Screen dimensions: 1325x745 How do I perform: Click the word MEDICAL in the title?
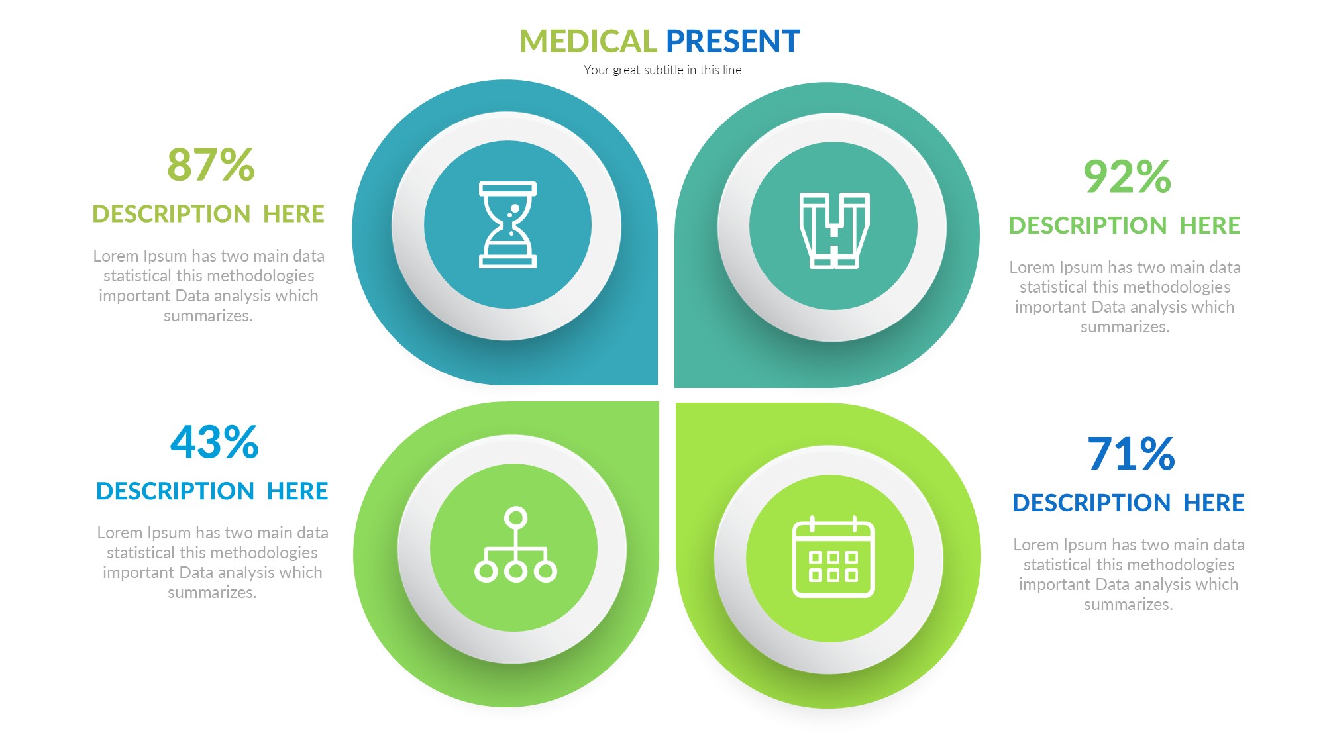click(588, 41)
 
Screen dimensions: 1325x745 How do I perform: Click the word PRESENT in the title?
click(733, 41)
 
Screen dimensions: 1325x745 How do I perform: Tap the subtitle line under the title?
click(662, 70)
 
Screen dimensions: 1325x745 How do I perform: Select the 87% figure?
click(211, 165)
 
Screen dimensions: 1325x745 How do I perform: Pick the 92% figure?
click(1127, 177)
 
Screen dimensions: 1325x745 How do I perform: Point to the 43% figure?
click(214, 442)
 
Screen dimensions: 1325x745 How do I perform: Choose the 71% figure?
click(1131, 454)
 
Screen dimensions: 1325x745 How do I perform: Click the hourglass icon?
click(507, 224)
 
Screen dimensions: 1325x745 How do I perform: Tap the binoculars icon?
click(834, 230)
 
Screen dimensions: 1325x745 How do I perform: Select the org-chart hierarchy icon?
click(515, 545)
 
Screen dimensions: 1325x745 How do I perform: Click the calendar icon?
click(833, 557)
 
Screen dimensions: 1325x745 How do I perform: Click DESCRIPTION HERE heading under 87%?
click(208, 214)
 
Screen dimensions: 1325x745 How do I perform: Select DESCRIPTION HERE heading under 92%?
click(1124, 226)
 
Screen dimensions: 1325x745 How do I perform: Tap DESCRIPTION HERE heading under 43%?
click(212, 491)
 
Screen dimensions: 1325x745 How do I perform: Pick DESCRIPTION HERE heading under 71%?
click(1128, 503)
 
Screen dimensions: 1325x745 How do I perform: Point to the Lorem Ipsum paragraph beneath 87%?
click(209, 285)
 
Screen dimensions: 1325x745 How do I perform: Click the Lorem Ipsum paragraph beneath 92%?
click(1125, 297)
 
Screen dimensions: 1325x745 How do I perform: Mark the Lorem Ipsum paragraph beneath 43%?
click(213, 562)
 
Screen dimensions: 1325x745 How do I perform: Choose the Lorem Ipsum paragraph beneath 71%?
click(1129, 574)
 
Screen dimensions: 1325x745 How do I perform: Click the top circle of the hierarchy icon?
click(515, 518)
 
